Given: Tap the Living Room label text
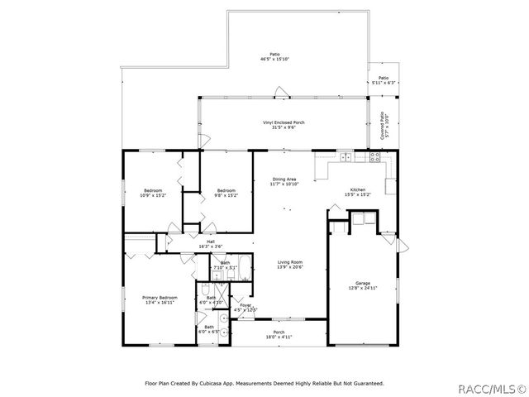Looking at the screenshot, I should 290,264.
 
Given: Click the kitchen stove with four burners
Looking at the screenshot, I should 374,155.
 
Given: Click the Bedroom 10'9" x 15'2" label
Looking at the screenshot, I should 154,194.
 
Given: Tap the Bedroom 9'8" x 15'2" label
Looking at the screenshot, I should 226,194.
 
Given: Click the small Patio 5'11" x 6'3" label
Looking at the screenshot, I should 384,79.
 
